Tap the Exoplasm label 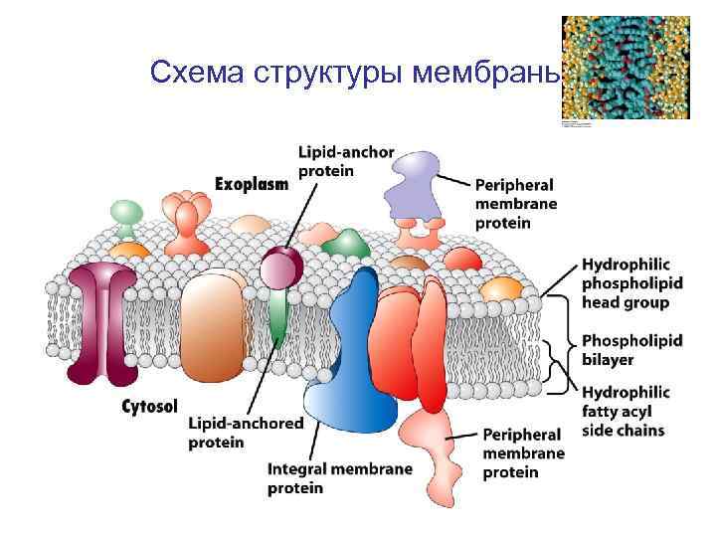pos(253,183)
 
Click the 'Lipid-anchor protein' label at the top pos(346,160)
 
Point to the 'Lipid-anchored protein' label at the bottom pos(246,432)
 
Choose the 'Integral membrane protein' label pos(339,478)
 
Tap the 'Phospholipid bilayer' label pos(631,349)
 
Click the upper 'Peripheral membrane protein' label pos(515,204)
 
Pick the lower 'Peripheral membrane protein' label pos(523,453)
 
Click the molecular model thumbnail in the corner pos(625,68)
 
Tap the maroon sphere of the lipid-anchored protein pos(281,267)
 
